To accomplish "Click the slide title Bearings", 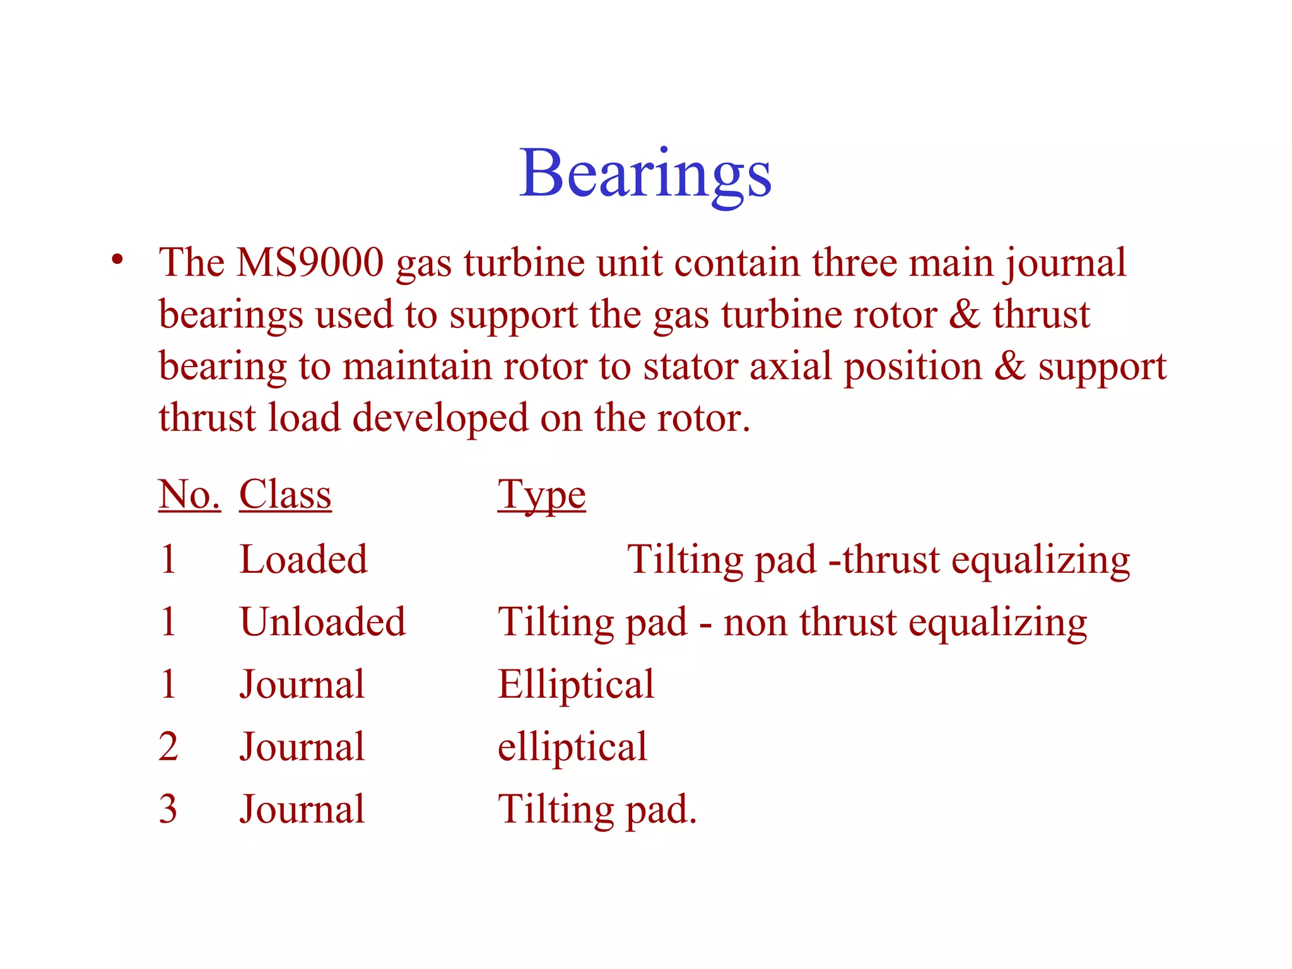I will point(645,173).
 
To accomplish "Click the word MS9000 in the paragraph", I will point(309,262).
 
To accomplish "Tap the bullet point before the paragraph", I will point(117,259).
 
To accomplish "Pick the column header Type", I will point(541,495).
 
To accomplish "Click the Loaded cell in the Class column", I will point(303,559).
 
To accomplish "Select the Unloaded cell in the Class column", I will point(322,621).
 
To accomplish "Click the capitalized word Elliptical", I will point(575,684).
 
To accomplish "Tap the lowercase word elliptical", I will point(572,746).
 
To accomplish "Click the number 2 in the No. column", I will point(168,746).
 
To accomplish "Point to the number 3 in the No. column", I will point(168,809).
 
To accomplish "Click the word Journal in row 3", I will point(302,809).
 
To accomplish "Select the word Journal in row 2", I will point(302,746).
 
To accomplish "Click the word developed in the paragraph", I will point(440,418).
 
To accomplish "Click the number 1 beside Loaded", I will point(168,559).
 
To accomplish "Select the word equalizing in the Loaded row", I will point(1040,560).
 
